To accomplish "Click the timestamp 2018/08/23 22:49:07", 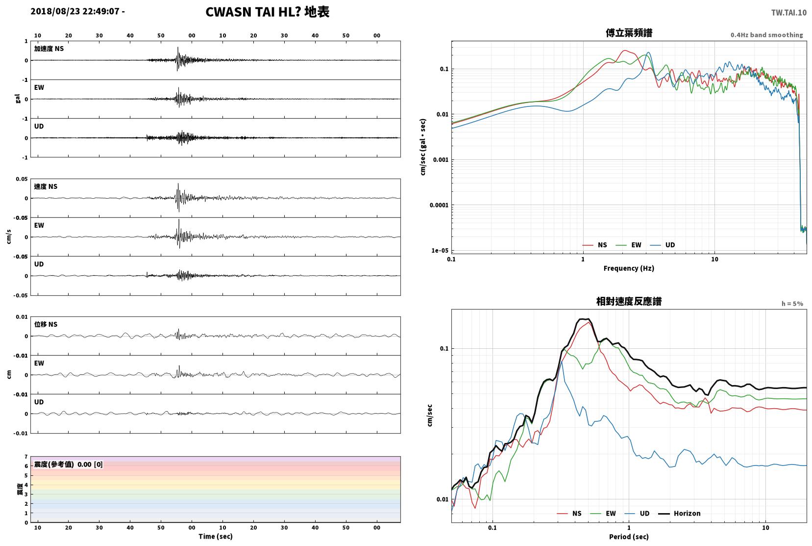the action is coord(75,11).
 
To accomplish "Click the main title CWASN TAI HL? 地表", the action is coord(268,12).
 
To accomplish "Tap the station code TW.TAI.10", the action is coord(789,13).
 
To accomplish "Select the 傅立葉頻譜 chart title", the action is coord(629,33).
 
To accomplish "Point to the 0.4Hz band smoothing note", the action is coord(767,35).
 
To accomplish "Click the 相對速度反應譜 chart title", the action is coord(629,302).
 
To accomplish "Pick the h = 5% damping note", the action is coord(792,304).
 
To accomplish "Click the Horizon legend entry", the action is coord(679,513).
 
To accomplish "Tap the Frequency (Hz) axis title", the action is coord(629,268).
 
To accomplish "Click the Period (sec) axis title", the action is coord(629,537).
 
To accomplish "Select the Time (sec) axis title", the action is coord(216,536).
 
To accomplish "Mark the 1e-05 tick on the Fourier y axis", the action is coord(440,250).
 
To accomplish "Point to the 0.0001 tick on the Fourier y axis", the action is coord(439,206).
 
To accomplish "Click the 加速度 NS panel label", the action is coord(49,49).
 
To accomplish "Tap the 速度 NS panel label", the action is coord(46,186).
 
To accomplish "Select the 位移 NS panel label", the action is coord(46,324).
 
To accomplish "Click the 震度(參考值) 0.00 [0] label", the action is coord(68,465).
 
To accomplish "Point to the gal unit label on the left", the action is coord(18,99).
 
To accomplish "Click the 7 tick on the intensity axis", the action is coord(26,457).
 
